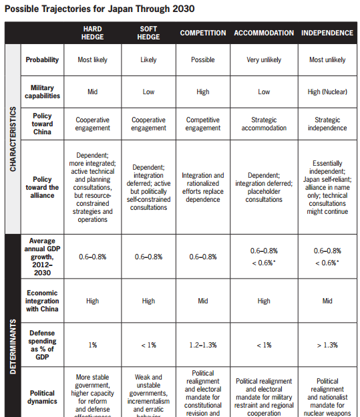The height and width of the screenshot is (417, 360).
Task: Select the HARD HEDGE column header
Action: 92,33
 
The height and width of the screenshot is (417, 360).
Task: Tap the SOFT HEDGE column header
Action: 148,33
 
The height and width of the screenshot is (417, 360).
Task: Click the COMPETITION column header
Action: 202,33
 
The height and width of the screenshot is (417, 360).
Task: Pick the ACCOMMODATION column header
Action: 264,33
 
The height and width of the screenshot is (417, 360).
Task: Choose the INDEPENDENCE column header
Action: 327,33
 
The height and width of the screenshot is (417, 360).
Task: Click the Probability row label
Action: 42,59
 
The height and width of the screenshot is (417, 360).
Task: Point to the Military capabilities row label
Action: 42,92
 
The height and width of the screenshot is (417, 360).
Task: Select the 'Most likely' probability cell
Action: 92,59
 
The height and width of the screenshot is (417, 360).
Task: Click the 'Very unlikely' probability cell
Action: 264,59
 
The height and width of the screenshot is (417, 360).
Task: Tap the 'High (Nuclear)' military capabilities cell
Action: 327,92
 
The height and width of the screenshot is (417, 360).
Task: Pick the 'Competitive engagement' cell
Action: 202,124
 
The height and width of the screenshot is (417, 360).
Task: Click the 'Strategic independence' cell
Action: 327,124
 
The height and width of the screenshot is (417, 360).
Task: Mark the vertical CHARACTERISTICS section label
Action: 13,139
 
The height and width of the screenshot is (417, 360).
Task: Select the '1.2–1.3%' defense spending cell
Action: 202,345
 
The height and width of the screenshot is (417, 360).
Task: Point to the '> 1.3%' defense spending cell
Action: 327,345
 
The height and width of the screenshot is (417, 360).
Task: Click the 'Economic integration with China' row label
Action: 42,301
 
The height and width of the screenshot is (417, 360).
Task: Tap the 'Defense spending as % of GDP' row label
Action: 42,345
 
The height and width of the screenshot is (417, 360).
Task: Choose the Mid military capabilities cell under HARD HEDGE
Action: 92,92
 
